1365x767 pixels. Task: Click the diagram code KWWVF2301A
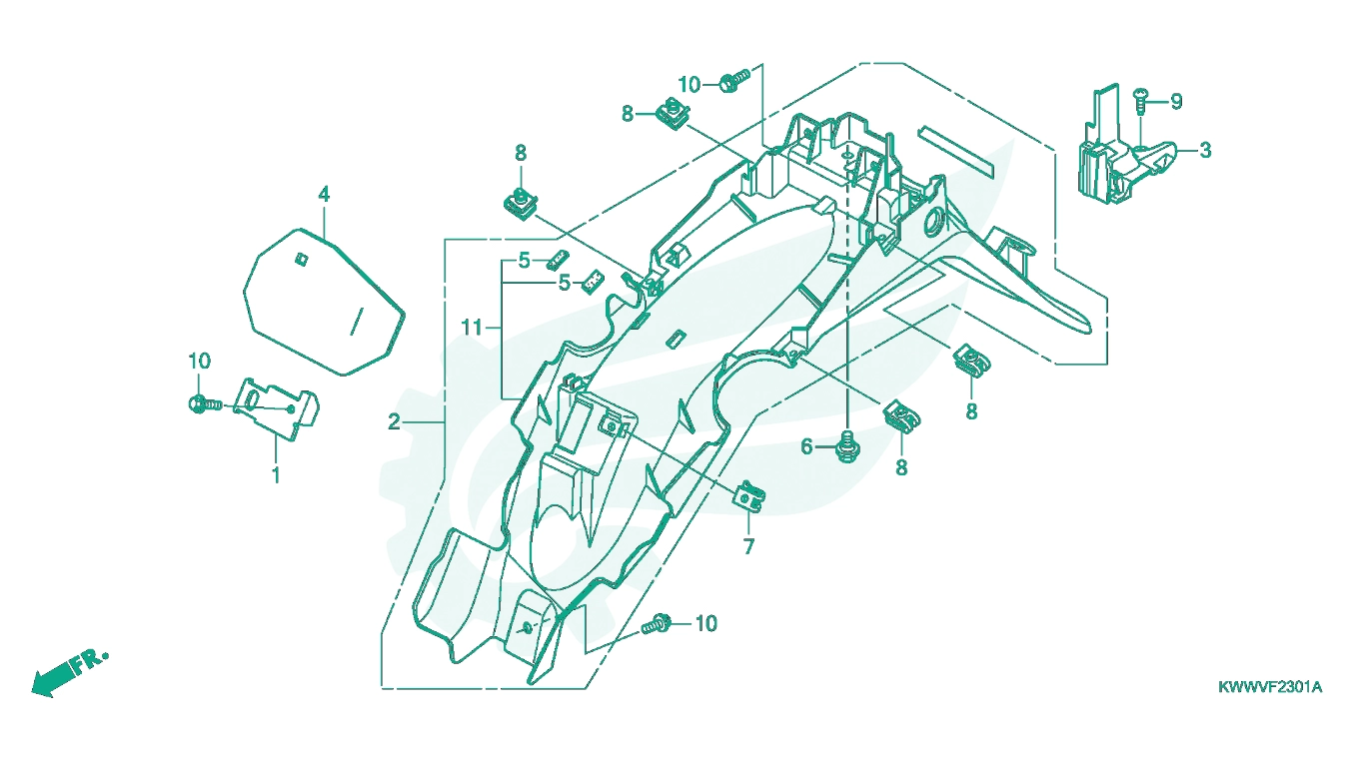pos(1270,687)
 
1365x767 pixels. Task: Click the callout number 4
pos(324,195)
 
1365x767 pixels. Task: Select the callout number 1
pos(276,474)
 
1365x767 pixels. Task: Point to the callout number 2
pos(395,421)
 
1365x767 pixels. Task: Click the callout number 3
pos(1205,150)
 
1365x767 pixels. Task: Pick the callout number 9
pos(1176,101)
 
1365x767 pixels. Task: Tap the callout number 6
pos(806,447)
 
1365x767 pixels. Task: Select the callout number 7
pos(748,546)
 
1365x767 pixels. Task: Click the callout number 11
pos(472,328)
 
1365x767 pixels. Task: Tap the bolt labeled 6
pos(845,446)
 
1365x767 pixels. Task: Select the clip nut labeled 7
pos(750,496)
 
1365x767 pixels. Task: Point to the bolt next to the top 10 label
pos(734,81)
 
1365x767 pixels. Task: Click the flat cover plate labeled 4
pos(324,302)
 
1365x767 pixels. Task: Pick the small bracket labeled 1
pos(276,407)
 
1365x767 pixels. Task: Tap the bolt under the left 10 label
pos(206,403)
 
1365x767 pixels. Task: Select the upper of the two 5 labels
pos(524,261)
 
